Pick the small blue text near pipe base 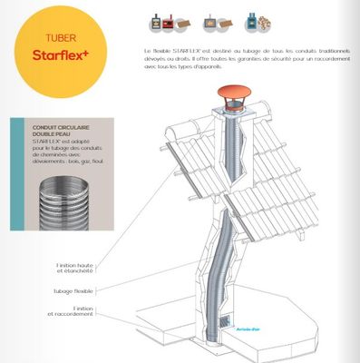(x=246, y=329)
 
